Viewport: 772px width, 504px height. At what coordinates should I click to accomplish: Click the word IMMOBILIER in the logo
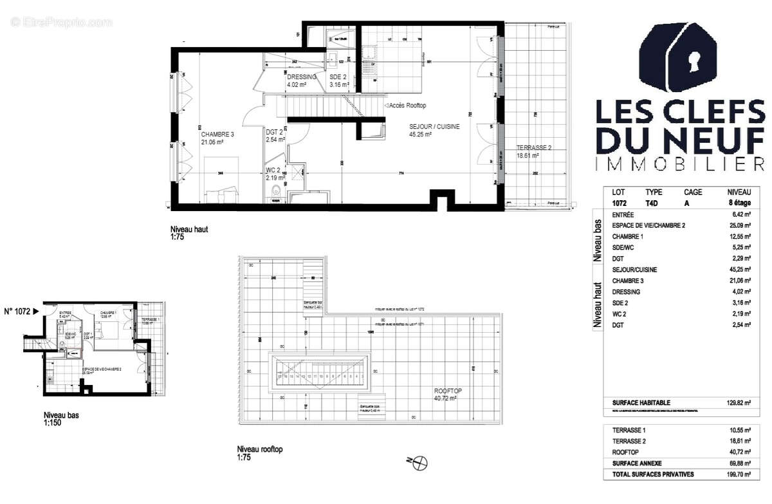click(680, 164)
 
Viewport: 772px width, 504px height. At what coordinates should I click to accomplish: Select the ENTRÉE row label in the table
click(623, 214)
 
